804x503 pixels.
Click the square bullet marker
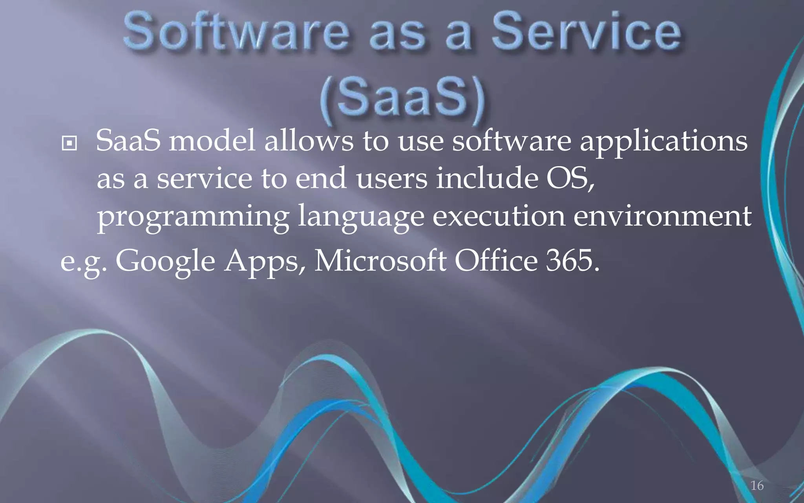tap(69, 144)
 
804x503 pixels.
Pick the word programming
tap(193, 217)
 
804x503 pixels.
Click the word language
tap(361, 217)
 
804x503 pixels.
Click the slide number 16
tap(757, 486)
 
